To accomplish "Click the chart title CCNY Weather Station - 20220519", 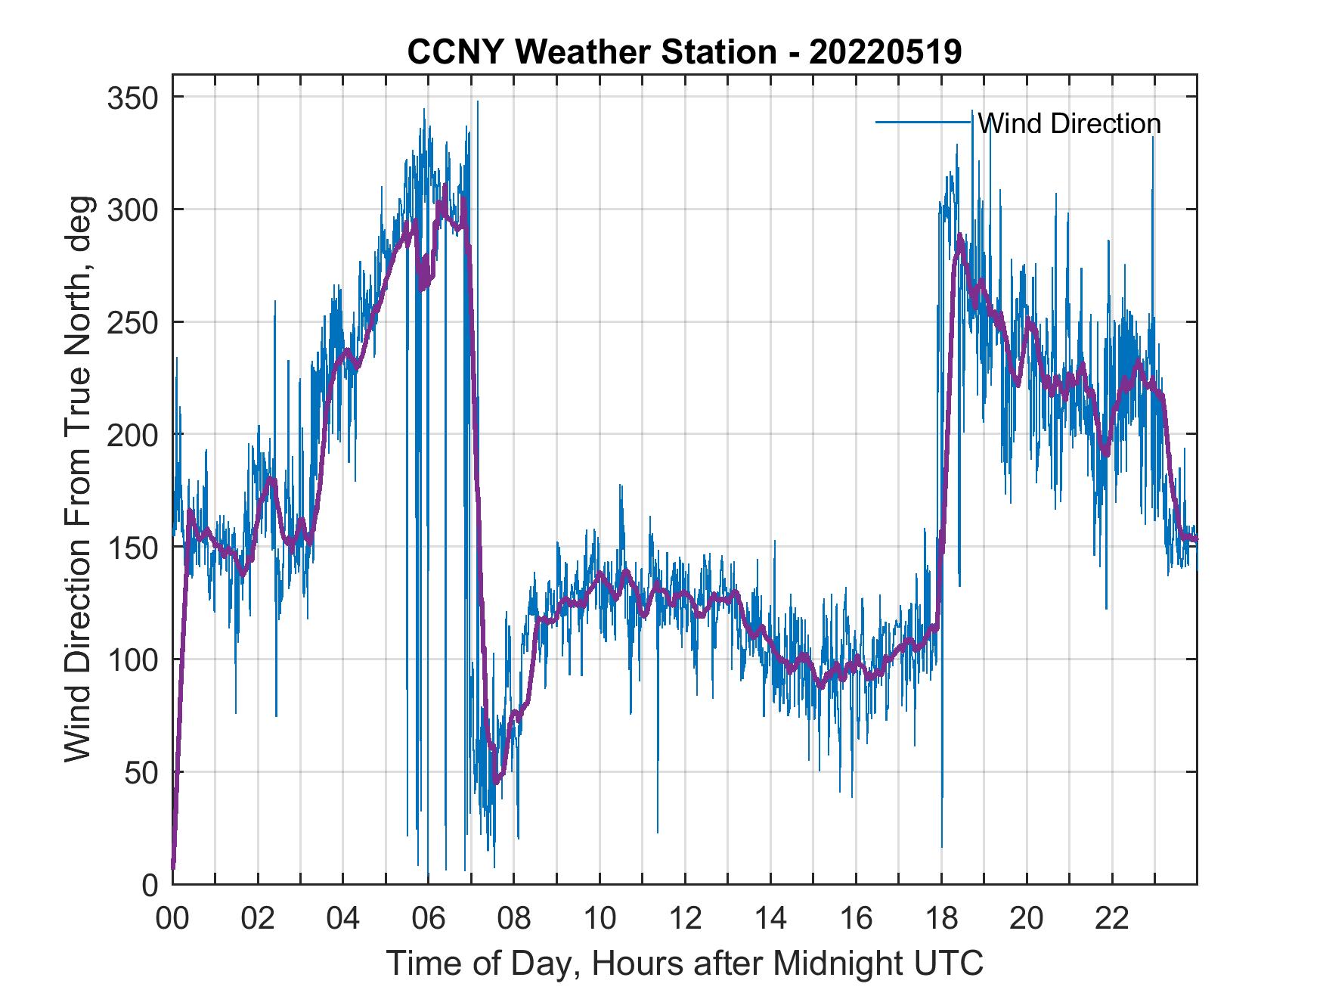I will click(x=684, y=51).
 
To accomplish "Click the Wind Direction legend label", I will click(x=1069, y=123).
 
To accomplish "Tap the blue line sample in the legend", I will click(x=923, y=123).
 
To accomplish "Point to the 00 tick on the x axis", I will click(x=172, y=920).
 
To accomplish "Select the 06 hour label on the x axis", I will click(x=429, y=920).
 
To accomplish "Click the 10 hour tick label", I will click(x=600, y=920).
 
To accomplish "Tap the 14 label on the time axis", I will click(x=770, y=920).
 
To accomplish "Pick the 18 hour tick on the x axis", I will click(x=941, y=920).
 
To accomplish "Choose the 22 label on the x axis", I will click(x=1112, y=920).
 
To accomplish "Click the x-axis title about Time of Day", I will click(x=684, y=963).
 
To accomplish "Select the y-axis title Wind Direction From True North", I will click(x=78, y=479).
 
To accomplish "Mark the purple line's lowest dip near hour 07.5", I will click(x=496, y=781).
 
